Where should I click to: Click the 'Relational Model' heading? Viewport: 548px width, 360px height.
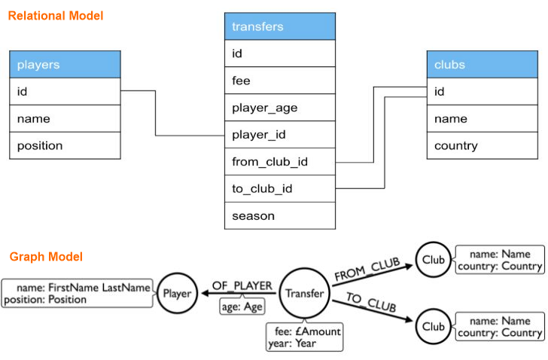coord(56,15)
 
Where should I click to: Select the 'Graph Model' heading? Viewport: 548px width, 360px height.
coord(46,257)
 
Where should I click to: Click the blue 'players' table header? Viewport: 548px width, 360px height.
coord(65,65)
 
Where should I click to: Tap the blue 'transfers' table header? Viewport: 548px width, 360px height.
coord(280,26)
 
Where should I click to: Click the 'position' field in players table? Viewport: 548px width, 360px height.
coord(65,145)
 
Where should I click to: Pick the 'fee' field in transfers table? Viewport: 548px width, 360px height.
coord(280,81)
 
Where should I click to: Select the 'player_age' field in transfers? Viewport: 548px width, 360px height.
coord(280,108)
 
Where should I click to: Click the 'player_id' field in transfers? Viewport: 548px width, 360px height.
coord(280,135)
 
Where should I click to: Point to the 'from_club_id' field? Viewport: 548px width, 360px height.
coord(280,162)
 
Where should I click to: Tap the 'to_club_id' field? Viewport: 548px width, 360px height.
coord(280,189)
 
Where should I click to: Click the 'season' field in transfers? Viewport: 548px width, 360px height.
coord(280,216)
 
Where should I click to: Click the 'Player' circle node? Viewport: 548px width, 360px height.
coord(178,293)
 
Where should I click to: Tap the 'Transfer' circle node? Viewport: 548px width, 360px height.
coord(304,294)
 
